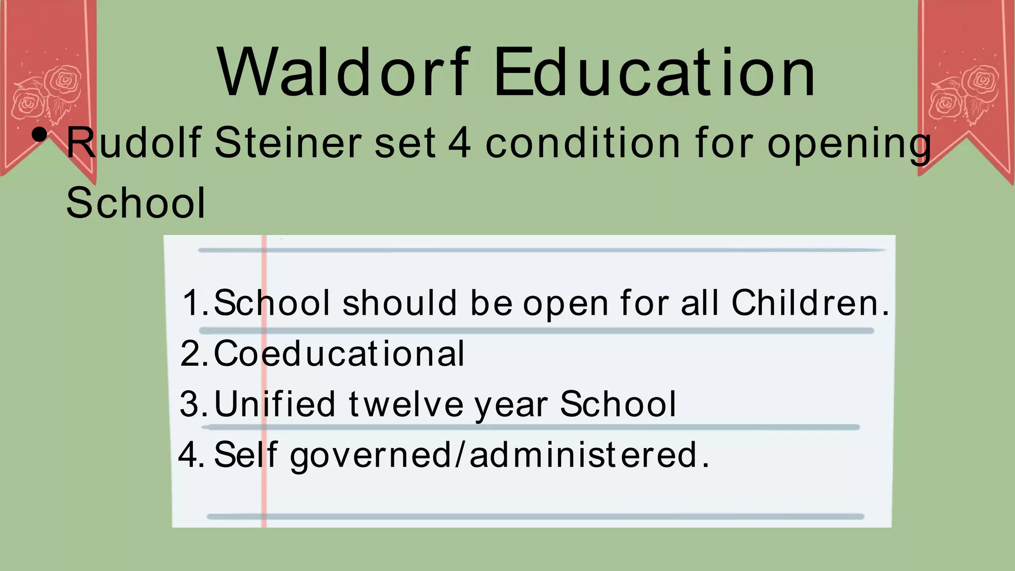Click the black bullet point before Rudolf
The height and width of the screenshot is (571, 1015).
point(39,134)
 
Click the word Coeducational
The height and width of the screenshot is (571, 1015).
point(339,353)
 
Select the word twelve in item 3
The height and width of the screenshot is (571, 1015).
point(406,404)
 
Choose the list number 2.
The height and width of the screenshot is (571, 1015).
point(192,354)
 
